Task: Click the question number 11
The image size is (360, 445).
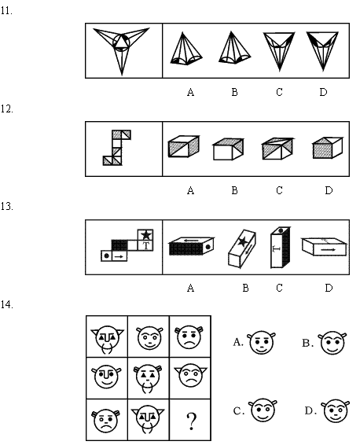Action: tap(6, 11)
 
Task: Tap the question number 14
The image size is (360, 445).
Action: tap(7, 305)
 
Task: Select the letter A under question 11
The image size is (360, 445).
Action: tap(191, 92)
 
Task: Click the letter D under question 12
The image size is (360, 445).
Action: tap(329, 190)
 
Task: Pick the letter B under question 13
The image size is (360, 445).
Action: tap(246, 288)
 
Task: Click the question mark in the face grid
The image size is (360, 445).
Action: tap(192, 421)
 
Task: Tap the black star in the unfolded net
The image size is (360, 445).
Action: tap(146, 235)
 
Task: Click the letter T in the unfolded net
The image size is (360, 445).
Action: tap(146, 245)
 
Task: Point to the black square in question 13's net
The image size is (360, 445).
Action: tap(119, 245)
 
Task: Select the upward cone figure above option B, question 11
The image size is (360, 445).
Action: tap(234, 48)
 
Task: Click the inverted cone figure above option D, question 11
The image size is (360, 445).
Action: tap(322, 51)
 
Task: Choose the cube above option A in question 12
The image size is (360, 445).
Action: tap(184, 146)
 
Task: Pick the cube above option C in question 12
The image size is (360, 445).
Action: tap(277, 149)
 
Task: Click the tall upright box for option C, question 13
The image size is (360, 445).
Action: tap(280, 247)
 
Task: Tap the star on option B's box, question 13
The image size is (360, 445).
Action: tap(243, 242)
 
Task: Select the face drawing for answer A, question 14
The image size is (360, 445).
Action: tap(262, 342)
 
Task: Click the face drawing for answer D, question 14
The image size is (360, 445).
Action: tap(336, 411)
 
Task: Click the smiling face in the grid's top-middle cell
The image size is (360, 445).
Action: tap(149, 338)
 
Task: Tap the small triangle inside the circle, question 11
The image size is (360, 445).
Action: tap(121, 40)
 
